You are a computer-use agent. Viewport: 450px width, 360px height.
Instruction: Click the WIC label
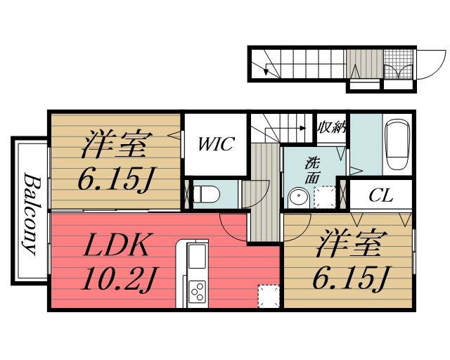coord(215,146)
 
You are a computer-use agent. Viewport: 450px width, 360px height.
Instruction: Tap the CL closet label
coord(380,195)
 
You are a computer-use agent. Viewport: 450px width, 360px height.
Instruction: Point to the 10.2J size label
coord(117,280)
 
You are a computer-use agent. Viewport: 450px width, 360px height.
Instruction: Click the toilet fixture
coord(204,193)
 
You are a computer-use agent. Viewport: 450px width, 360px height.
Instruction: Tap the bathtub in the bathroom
coord(398,143)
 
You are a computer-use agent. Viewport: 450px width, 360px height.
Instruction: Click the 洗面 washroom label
coord(311,169)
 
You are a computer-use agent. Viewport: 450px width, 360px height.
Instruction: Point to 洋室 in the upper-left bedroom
coord(114,147)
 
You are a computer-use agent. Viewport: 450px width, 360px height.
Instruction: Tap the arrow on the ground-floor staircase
coord(266,69)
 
